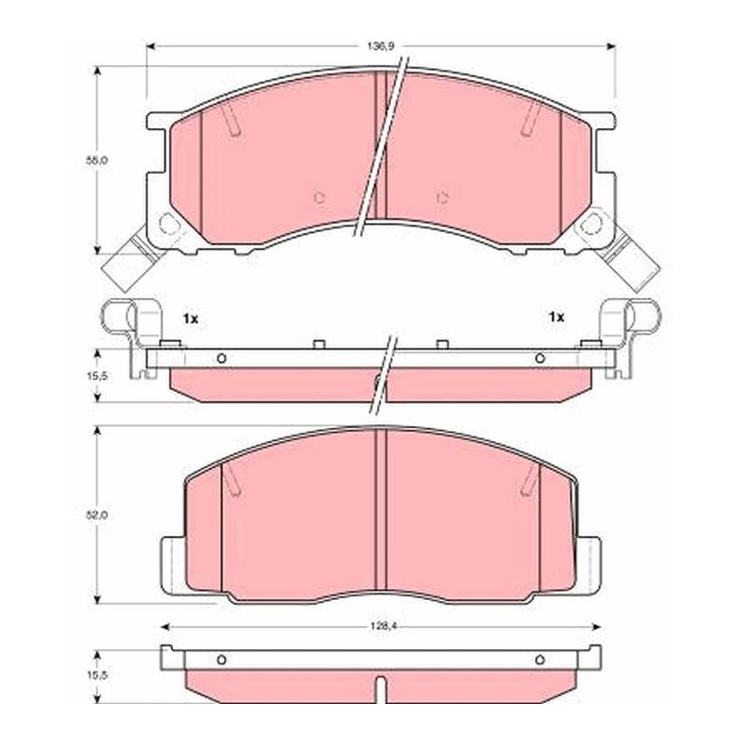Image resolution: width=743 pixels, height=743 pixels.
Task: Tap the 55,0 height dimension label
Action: (97, 160)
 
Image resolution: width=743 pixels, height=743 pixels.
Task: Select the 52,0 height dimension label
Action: (97, 515)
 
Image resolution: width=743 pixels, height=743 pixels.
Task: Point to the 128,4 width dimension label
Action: (381, 626)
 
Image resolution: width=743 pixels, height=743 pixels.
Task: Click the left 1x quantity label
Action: (190, 319)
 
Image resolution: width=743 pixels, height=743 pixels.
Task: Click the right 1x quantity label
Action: (556, 317)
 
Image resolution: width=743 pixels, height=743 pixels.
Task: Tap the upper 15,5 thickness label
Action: (97, 376)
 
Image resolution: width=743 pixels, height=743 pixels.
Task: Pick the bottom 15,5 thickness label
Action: (97, 674)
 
